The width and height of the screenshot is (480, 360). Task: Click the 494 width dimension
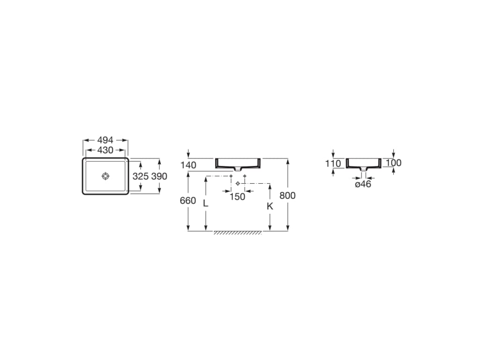pyautogui.click(x=105, y=140)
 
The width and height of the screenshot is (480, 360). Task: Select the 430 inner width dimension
pyautogui.click(x=105, y=150)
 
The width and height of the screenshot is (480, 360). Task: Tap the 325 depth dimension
pyautogui.click(x=141, y=177)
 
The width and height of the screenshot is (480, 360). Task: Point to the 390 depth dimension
pyautogui.click(x=159, y=177)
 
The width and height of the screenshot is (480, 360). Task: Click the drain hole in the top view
pyautogui.click(x=105, y=176)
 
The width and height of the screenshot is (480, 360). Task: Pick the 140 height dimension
pyautogui.click(x=188, y=165)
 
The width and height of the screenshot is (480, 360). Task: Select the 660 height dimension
pyautogui.click(x=188, y=201)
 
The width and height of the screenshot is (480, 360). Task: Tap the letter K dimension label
pyautogui.click(x=270, y=206)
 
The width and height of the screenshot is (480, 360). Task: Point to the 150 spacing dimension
pyautogui.click(x=237, y=197)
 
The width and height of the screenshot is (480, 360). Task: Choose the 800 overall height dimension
pyautogui.click(x=287, y=195)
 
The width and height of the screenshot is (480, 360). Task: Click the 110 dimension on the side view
pyautogui.click(x=333, y=163)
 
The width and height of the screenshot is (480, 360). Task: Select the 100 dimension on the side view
pyautogui.click(x=394, y=163)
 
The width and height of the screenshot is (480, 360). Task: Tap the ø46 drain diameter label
pyautogui.click(x=363, y=185)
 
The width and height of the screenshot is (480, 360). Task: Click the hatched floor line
pyautogui.click(x=238, y=232)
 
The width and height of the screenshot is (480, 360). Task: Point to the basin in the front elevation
pyautogui.click(x=238, y=163)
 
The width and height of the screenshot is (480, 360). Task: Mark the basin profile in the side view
pyautogui.click(x=363, y=163)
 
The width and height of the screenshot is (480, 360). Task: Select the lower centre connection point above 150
pyautogui.click(x=238, y=183)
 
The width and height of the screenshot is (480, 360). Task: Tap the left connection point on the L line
pyautogui.click(x=231, y=176)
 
